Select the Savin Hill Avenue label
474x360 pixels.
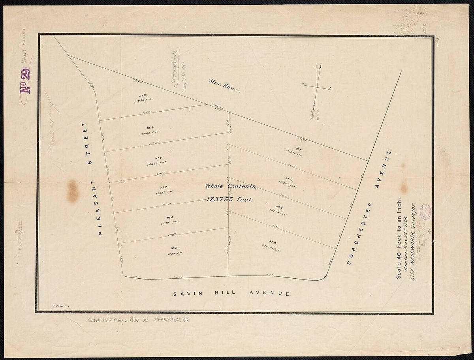click(x=231, y=294)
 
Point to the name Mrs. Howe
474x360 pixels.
click(x=224, y=86)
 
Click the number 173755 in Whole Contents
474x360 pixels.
click(x=229, y=200)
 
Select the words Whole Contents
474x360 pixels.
click(x=231, y=186)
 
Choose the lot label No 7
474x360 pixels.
click(x=164, y=187)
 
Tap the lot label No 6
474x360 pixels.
click(x=170, y=217)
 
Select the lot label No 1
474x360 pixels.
click(x=298, y=150)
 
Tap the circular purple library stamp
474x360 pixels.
click(x=426, y=212)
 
